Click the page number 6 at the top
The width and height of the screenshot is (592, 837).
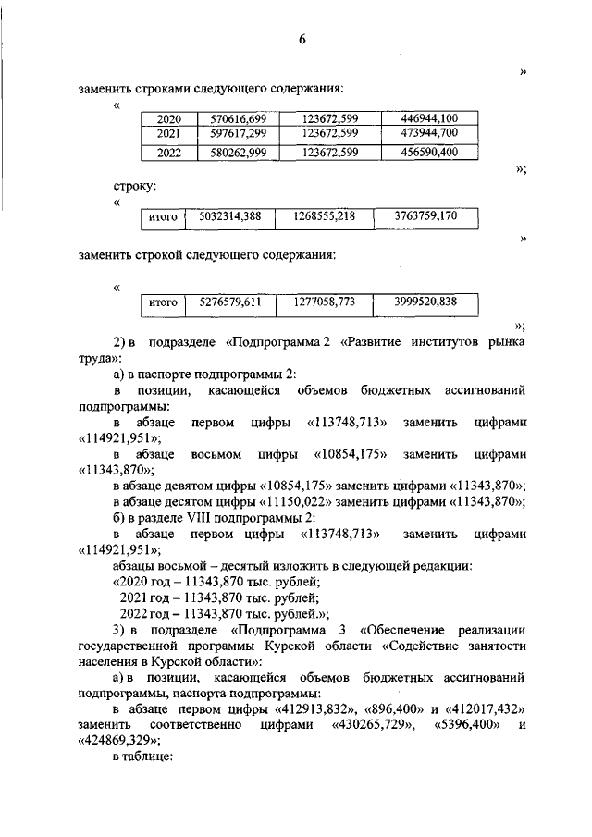[302, 38]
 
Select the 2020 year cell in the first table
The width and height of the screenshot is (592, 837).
[169, 119]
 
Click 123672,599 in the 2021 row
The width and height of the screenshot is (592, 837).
[330, 134]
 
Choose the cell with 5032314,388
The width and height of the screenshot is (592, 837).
[230, 217]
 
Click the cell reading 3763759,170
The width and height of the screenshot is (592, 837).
[426, 217]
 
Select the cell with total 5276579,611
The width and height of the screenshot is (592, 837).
[230, 302]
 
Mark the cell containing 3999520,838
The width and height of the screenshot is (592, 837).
[426, 302]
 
